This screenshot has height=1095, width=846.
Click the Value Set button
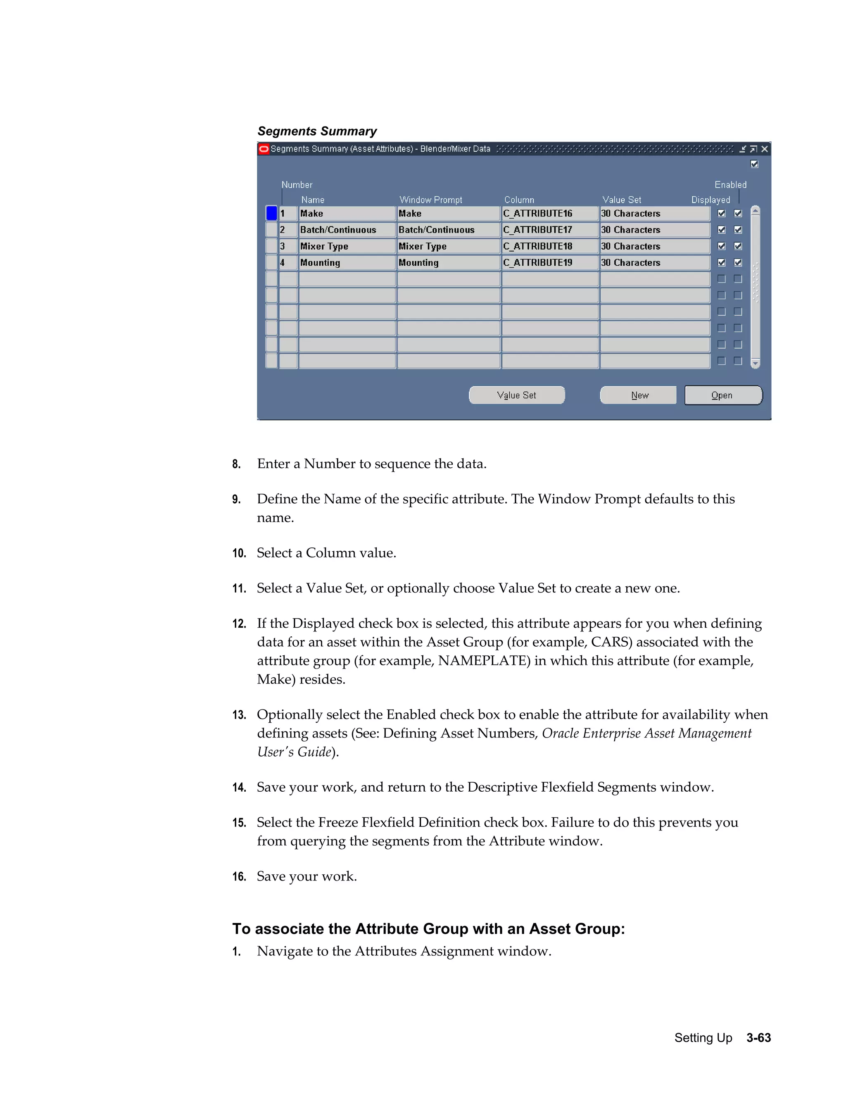pyautogui.click(x=516, y=395)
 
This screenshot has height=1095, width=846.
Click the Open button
pyautogui.click(x=723, y=395)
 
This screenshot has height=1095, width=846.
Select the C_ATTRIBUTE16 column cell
pyautogui.click(x=549, y=214)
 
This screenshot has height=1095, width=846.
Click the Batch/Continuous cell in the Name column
pyautogui.click(x=347, y=230)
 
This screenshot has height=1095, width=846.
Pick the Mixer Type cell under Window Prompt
pyautogui.click(x=448, y=246)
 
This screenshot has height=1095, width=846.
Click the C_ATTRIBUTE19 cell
pyautogui.click(x=549, y=263)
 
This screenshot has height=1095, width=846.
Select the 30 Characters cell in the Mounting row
pyautogui.click(x=655, y=263)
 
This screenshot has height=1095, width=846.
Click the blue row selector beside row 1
pyautogui.click(x=271, y=214)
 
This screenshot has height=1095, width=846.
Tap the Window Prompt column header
pyautogui.click(x=430, y=200)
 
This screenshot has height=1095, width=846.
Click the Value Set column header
pyautogui.click(x=621, y=200)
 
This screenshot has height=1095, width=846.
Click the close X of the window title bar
pyautogui.click(x=764, y=149)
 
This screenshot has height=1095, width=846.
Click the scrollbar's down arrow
pyautogui.click(x=755, y=363)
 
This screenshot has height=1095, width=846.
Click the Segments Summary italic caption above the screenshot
pyautogui.click(x=317, y=131)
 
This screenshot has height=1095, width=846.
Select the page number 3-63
pyautogui.click(x=758, y=1038)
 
